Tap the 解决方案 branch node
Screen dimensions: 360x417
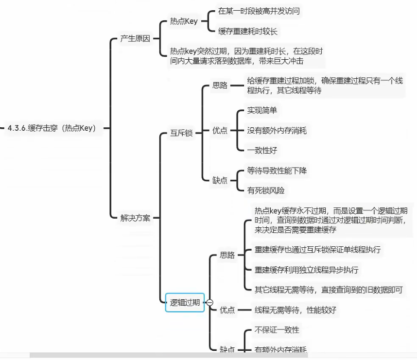coord(135,218)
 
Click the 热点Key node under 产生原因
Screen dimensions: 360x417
coord(184,21)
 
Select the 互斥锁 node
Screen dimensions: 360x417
coord(181,133)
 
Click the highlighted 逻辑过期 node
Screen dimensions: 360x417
coord(185,302)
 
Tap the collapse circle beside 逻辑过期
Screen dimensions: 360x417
coord(210,302)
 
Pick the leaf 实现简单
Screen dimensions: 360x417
coord(262,110)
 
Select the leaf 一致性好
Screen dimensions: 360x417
coord(262,150)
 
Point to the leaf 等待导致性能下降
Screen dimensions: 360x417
coord(277,171)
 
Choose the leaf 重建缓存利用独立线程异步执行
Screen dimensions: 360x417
coord(306,270)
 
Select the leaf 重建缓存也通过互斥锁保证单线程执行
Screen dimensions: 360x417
coord(317,250)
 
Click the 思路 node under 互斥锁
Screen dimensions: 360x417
coord(220,85)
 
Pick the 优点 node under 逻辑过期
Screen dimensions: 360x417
coord(227,309)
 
